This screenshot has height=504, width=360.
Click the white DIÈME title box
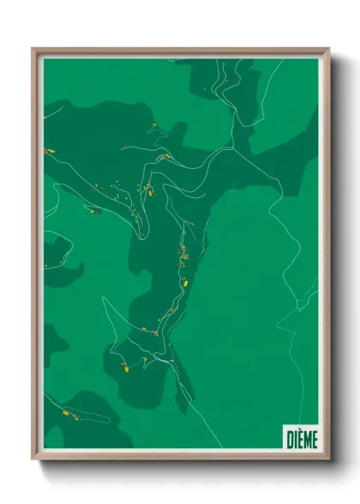300,438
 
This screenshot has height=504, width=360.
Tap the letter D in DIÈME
289,439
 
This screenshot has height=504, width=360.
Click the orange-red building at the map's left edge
46,150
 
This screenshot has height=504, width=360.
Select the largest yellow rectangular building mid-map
183,280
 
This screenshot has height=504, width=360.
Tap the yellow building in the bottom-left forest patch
65,412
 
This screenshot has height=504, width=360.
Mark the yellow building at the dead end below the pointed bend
124,371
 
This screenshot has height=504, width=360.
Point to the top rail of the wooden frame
181,51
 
